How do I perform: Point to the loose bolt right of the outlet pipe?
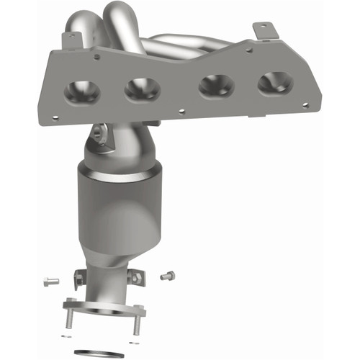(x=167, y=274)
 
